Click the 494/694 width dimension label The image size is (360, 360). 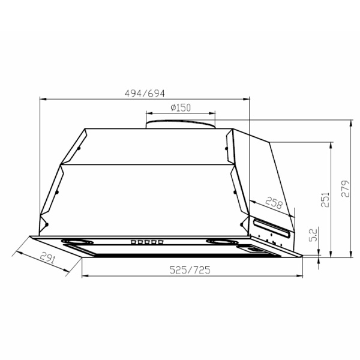pos(145,94)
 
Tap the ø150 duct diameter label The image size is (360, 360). pos(181,107)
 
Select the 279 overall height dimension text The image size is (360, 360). pos(346,188)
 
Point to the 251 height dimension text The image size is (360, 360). pos(325,200)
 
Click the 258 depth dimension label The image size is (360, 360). pos(274,203)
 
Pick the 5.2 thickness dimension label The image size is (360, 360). pos(313,234)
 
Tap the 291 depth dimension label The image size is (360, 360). pos(48,257)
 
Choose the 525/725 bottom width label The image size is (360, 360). pos(190,270)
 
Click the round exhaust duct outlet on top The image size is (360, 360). pos(181,124)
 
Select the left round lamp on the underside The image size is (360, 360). pos(77,242)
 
